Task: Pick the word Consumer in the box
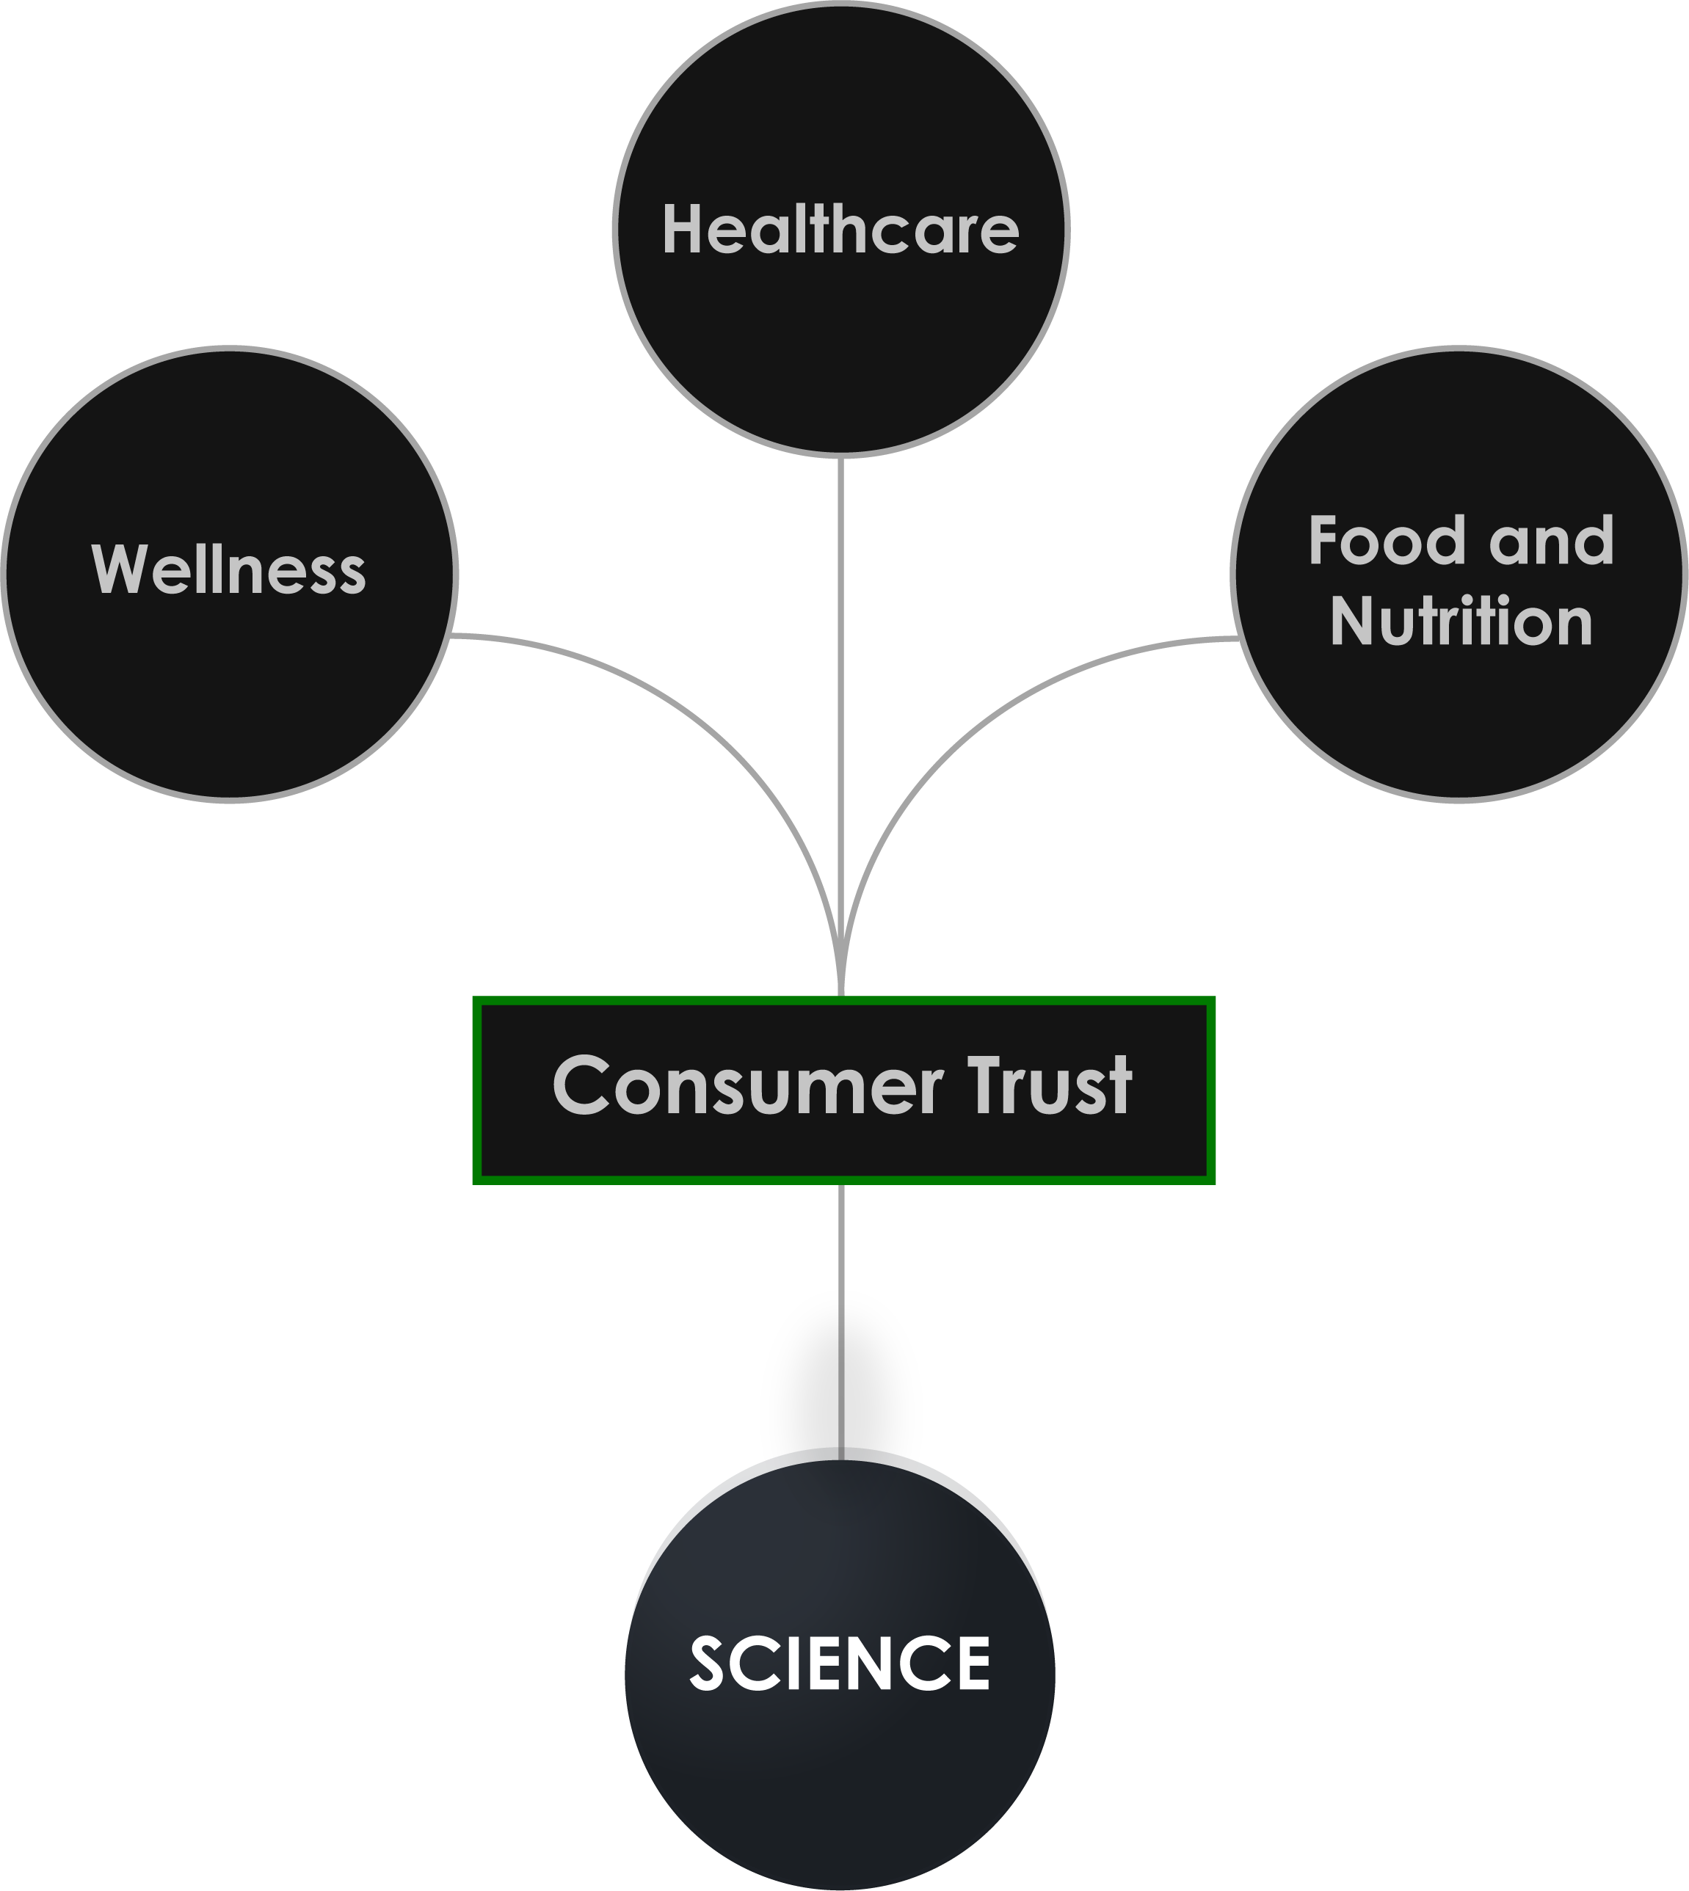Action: pos(747,1085)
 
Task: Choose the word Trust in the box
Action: pos(1050,1085)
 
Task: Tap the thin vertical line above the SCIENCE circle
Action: pos(840,1373)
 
